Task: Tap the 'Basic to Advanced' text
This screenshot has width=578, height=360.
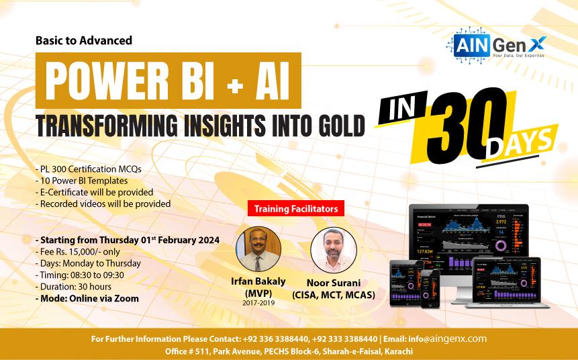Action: (83, 40)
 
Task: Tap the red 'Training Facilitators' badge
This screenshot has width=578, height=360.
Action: (296, 209)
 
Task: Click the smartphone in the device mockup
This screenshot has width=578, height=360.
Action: (429, 290)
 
